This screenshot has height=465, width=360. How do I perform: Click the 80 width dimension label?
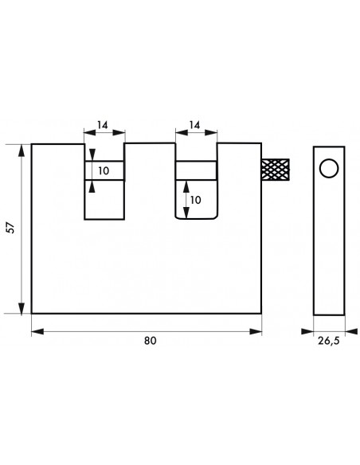pyautogui.click(x=150, y=341)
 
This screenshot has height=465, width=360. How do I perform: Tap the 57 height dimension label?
pyautogui.click(x=10, y=228)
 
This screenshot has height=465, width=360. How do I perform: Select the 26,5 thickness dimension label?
pyautogui.click(x=329, y=341)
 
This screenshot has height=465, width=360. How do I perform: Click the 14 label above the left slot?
pyautogui.click(x=103, y=125)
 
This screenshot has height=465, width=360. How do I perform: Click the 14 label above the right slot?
pyautogui.click(x=195, y=125)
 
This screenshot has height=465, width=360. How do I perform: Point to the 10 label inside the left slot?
pyautogui.click(x=104, y=171)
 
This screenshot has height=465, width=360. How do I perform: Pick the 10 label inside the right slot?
pyautogui.click(x=195, y=200)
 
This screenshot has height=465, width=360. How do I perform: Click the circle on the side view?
pyautogui.click(x=329, y=169)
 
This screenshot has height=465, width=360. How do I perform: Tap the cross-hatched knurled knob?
pyautogui.click(x=276, y=170)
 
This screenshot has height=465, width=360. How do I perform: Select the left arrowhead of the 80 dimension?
pyautogui.click(x=37, y=331)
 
